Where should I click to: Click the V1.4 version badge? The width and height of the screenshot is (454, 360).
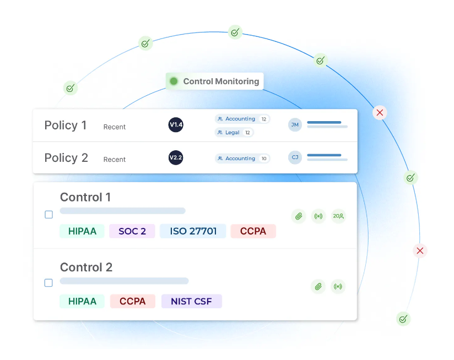point(176,125)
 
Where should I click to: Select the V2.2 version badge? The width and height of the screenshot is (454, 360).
point(176,158)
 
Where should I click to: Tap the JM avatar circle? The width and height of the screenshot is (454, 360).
point(295,125)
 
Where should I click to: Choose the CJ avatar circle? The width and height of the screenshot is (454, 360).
point(295,157)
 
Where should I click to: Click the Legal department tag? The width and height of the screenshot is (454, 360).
point(234,133)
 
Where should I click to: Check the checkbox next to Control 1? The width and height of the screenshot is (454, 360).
point(48,215)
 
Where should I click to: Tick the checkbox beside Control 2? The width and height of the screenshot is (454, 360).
point(48,283)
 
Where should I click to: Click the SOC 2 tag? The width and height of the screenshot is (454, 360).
point(132,231)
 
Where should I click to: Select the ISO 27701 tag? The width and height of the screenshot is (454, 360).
point(193,231)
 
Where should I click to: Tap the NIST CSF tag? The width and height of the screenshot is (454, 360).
point(191,301)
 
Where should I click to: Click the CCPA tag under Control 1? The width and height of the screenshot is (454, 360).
point(253,231)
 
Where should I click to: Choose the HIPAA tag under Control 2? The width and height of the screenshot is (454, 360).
point(82,301)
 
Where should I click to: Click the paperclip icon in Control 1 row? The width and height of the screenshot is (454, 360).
point(299,216)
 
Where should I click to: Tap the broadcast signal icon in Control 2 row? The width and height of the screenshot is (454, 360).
point(338,286)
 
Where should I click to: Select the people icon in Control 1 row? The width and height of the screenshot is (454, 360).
point(338,216)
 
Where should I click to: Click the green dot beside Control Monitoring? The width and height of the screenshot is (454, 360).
point(174,81)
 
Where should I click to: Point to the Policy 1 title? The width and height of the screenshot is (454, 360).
point(66,126)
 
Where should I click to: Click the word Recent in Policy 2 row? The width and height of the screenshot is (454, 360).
point(115,160)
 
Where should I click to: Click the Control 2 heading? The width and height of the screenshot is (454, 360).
point(86,268)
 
